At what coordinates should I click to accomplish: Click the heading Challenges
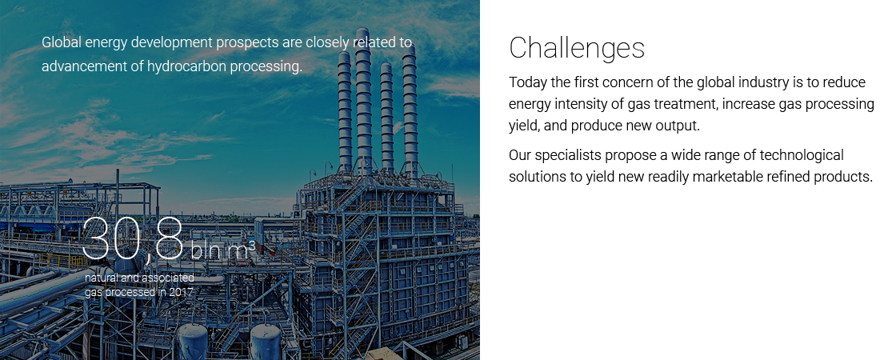click(x=577, y=48)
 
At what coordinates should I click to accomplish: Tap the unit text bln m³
click(x=223, y=250)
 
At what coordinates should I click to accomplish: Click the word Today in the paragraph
click(x=527, y=82)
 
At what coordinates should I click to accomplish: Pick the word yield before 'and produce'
click(x=524, y=126)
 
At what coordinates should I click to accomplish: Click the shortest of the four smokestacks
click(x=386, y=116)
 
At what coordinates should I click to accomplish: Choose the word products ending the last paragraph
click(x=845, y=177)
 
